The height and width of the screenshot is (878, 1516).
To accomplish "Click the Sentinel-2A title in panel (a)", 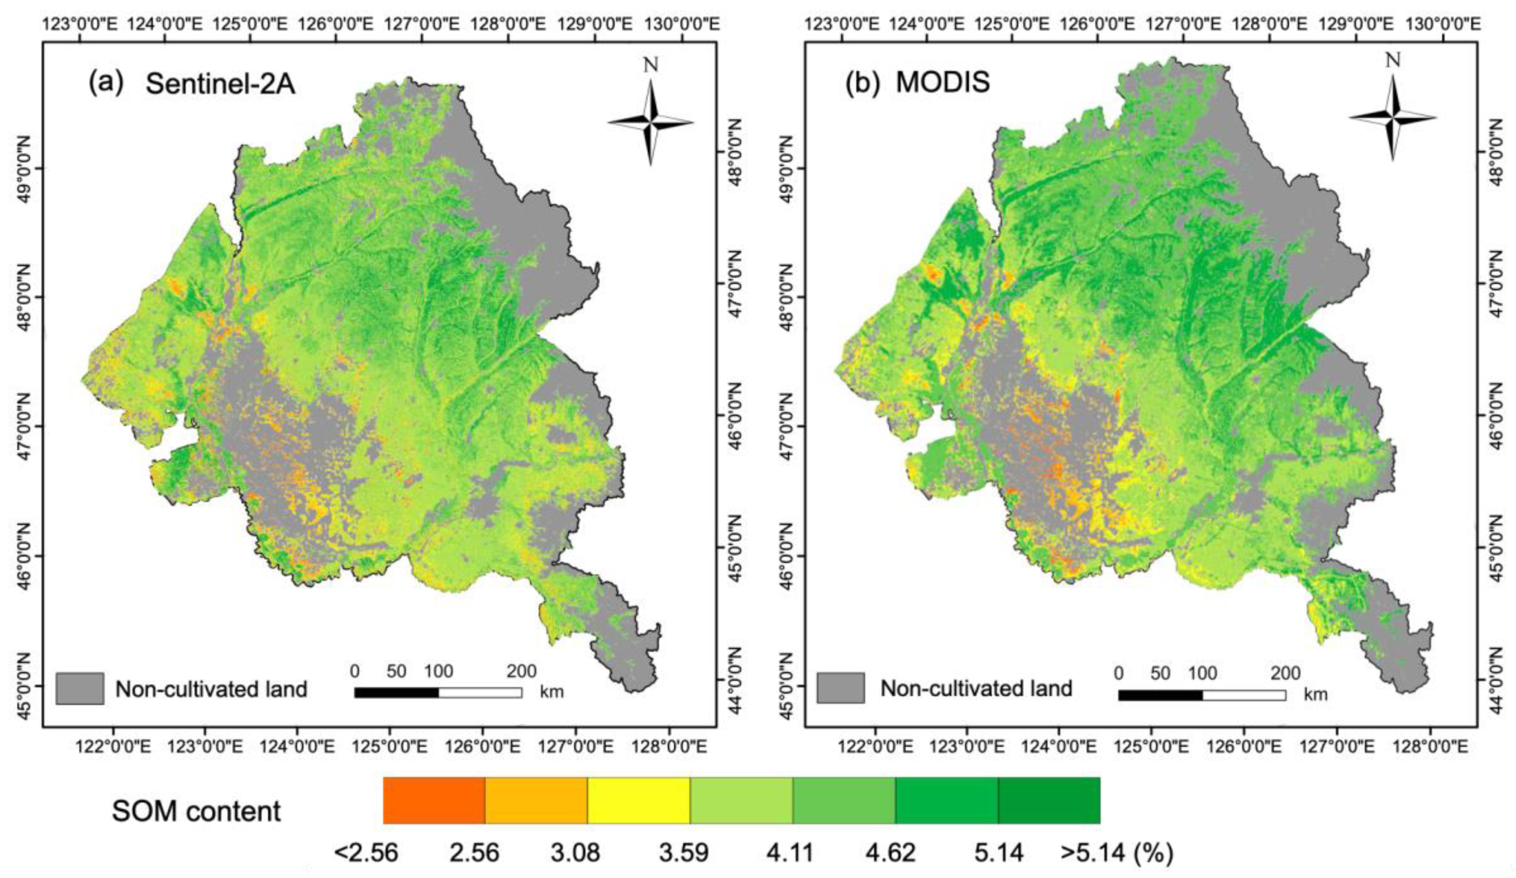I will tap(220, 83).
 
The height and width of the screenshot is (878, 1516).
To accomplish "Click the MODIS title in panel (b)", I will tap(942, 83).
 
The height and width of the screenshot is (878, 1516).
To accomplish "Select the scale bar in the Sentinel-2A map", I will tap(438, 693).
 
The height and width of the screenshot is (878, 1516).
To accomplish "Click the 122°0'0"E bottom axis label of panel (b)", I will tap(875, 747).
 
